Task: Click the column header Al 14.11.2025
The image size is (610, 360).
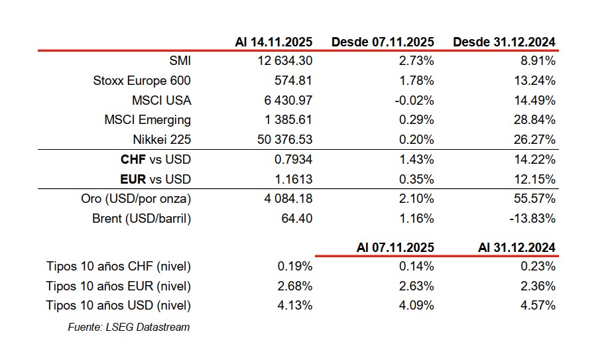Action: pos(273,42)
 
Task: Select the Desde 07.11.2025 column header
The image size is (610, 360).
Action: pos(383,42)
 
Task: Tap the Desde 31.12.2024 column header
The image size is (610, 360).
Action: pos(504,42)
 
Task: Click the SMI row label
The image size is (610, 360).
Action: pos(180,61)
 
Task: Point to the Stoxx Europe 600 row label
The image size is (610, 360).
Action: pos(142,81)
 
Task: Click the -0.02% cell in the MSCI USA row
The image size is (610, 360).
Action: pos(414,101)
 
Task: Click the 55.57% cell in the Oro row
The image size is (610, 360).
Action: pos(534,199)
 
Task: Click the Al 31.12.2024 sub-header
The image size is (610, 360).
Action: pos(517,247)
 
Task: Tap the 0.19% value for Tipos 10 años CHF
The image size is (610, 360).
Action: pos(296,267)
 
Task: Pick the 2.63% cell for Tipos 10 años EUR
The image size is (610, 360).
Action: pos(417,286)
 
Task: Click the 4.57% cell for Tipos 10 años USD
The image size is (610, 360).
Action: pos(538,306)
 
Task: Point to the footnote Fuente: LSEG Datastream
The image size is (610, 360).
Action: pos(129,327)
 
